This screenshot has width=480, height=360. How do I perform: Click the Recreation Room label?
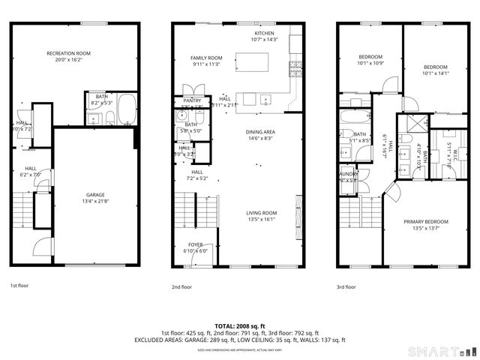(x=68, y=53)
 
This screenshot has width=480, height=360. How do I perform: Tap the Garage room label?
(x=95, y=193)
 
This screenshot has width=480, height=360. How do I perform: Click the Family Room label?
(x=206, y=58)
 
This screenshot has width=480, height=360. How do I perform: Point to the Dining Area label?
(x=260, y=132)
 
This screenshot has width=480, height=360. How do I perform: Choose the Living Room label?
(x=262, y=214)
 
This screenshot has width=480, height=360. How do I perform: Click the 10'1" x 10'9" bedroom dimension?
(x=370, y=63)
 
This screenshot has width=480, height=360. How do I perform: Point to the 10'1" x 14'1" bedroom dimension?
(x=434, y=73)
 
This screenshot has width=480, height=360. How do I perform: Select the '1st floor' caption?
(x=19, y=286)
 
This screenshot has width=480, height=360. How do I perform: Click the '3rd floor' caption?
(x=346, y=286)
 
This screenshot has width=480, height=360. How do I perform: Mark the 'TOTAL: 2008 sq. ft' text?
(x=240, y=326)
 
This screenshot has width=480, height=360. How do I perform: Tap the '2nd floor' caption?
(x=181, y=286)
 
